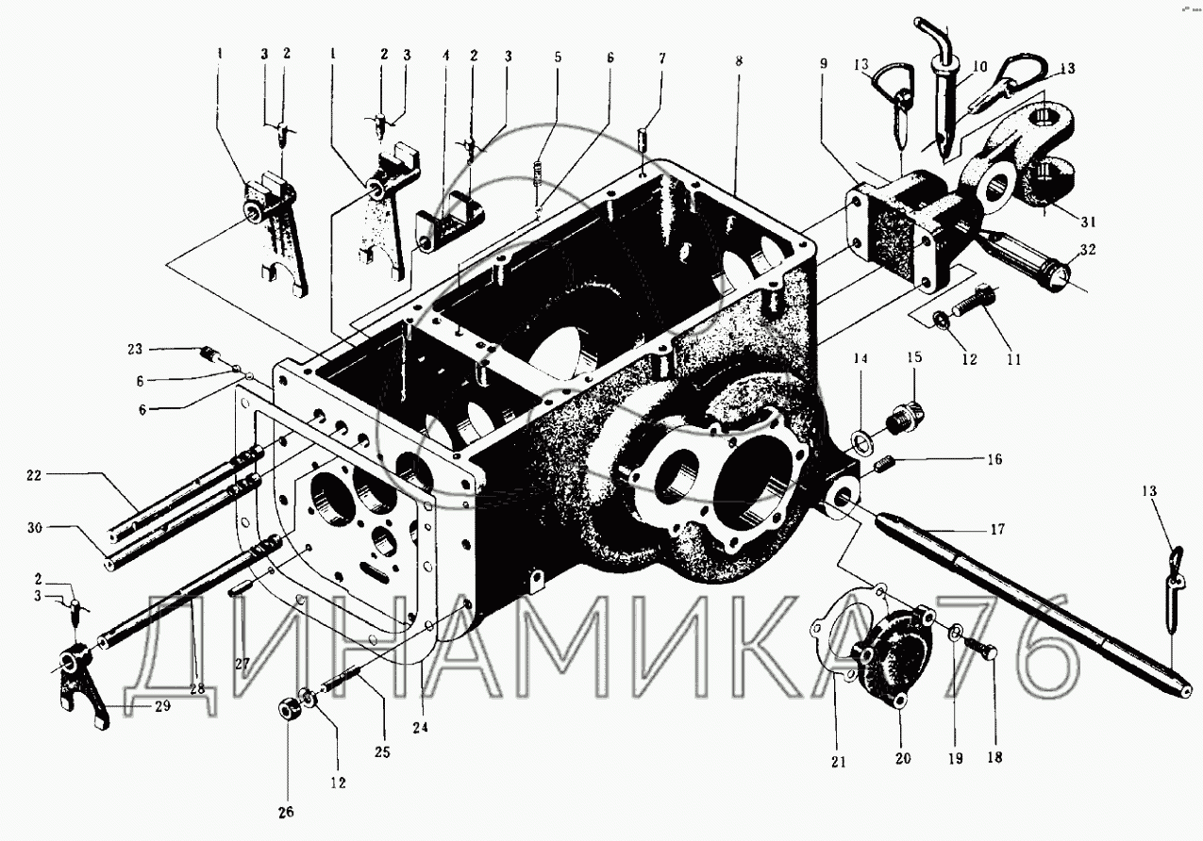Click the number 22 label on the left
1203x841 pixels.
click(35, 477)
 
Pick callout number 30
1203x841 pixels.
click(35, 529)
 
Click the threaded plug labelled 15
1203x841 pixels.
click(910, 413)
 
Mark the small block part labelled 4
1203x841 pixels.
click(446, 229)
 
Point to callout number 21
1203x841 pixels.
click(838, 762)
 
